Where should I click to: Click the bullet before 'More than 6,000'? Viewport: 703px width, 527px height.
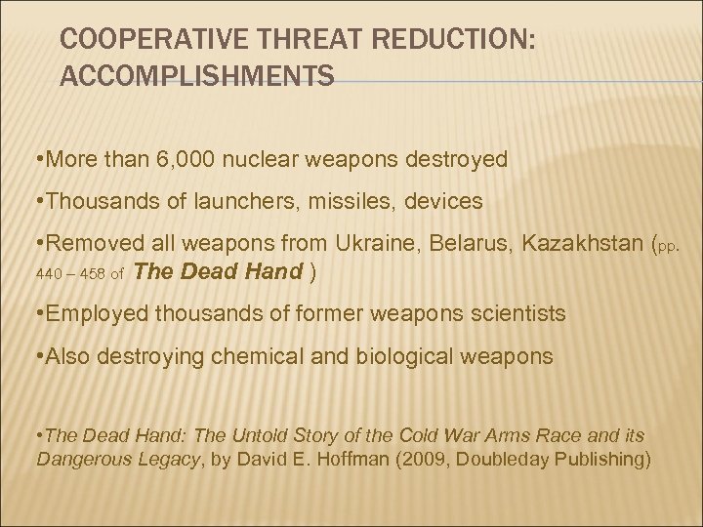[x=37, y=159]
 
